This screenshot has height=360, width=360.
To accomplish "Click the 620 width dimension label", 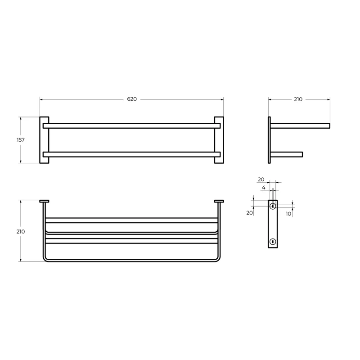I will (131, 99).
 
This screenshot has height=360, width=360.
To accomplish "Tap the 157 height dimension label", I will (21, 140).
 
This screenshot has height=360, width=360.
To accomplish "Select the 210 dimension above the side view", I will (298, 99).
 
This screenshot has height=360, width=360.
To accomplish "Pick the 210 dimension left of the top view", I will (21, 231).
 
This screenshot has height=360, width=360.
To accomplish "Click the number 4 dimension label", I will (263, 187).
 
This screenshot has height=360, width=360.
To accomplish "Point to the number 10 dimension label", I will (288, 213).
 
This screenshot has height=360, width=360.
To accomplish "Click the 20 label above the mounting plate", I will (261, 179).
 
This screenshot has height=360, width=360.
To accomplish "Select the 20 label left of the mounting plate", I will (250, 213).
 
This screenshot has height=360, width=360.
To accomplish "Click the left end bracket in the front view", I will (44, 140).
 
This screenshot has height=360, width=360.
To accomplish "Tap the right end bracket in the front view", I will (219, 140).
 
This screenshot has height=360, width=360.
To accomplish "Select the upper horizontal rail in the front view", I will (131, 126).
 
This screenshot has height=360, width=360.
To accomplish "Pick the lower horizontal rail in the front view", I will (131, 154).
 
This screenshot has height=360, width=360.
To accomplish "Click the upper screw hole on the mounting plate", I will (273, 207).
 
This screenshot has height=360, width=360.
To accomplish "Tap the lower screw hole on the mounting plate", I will (273, 241).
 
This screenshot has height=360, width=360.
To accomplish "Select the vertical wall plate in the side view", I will (270, 140).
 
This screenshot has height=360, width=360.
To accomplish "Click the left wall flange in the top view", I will (44, 201).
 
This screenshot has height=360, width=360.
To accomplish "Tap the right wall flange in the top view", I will (219, 201).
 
